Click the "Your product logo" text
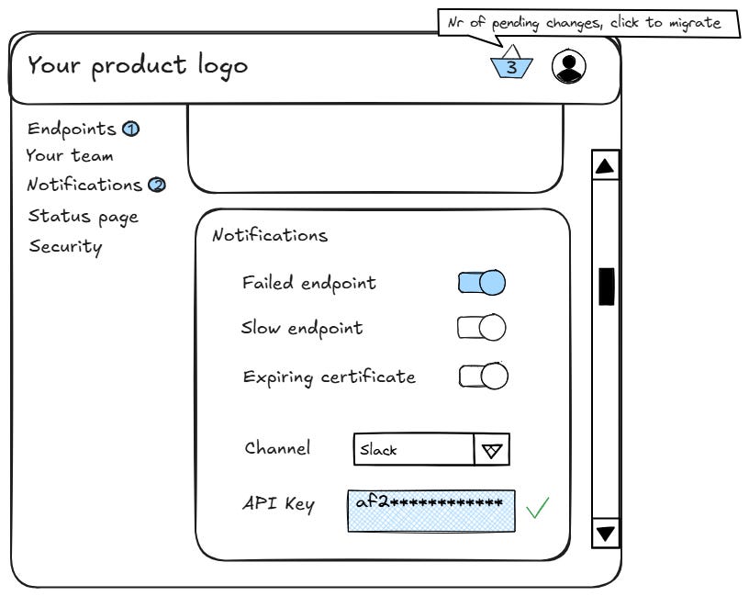pyautogui.click(x=138, y=66)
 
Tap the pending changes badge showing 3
pyautogui.click(x=512, y=66)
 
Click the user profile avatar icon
pyautogui.click(x=569, y=66)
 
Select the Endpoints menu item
pyautogui.click(x=72, y=129)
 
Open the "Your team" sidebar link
pyautogui.click(x=70, y=156)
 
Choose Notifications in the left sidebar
pyautogui.click(x=84, y=185)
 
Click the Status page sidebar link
pyautogui.click(x=84, y=217)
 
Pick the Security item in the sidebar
pyautogui.click(x=65, y=246)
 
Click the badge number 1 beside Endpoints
pyautogui.click(x=130, y=129)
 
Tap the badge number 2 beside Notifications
pyautogui.click(x=157, y=186)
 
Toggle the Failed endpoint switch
pyautogui.click(x=482, y=282)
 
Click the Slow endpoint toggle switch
pyautogui.click(x=482, y=328)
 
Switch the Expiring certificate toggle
pyautogui.click(x=484, y=376)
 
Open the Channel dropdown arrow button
pyautogui.click(x=492, y=450)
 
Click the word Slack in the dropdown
pyautogui.click(x=379, y=451)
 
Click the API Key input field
pyautogui.click(x=430, y=510)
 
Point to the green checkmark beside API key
pyautogui.click(x=538, y=507)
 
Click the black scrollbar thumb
pyautogui.click(x=606, y=286)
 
